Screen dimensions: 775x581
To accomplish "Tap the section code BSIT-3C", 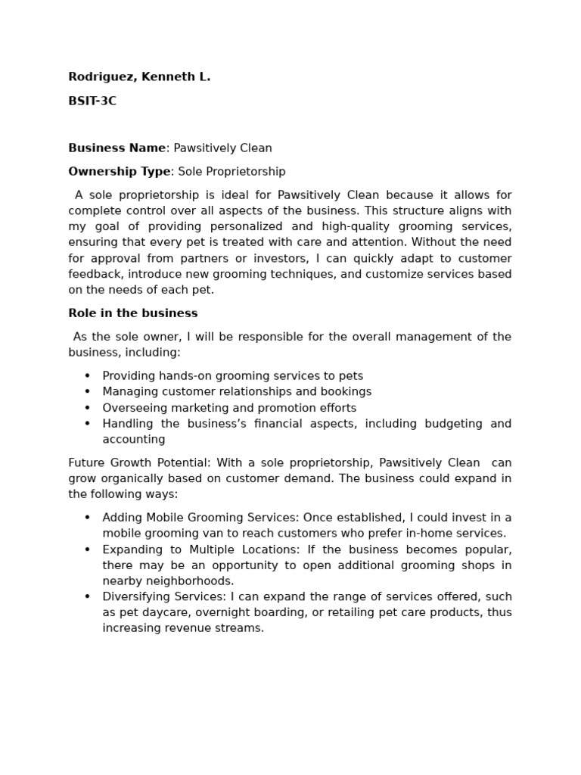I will click(92, 101).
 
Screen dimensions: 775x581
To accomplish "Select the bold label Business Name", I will click(117, 148).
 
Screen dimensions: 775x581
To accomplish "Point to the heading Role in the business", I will click(132, 313).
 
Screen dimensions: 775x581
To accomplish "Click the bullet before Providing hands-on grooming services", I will click(87, 376).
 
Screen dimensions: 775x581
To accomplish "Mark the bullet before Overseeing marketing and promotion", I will click(87, 408).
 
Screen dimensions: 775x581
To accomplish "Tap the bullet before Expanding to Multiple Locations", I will click(87, 549).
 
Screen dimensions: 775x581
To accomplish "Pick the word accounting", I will click(134, 440).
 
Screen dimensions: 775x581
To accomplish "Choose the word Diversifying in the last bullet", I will click(135, 597).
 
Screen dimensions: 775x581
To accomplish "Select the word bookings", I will click(346, 392).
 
